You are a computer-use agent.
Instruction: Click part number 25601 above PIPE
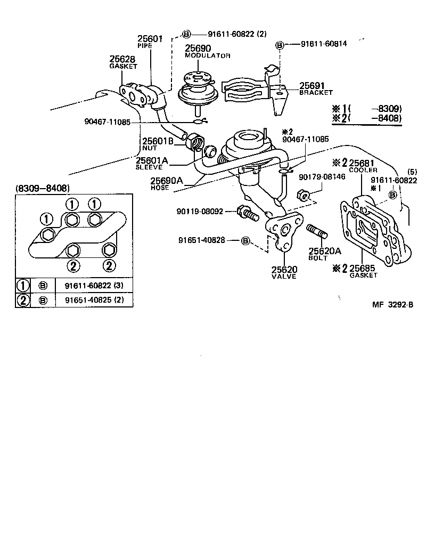point(149,38)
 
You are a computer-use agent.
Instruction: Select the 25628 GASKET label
point(123,62)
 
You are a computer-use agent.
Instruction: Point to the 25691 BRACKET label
point(315,88)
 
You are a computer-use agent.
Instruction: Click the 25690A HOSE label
point(167,183)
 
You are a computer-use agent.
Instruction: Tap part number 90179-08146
point(322,176)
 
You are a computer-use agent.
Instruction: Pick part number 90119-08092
point(200,212)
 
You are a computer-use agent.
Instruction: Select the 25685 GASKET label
point(363,271)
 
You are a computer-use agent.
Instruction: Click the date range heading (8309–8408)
point(43,188)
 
